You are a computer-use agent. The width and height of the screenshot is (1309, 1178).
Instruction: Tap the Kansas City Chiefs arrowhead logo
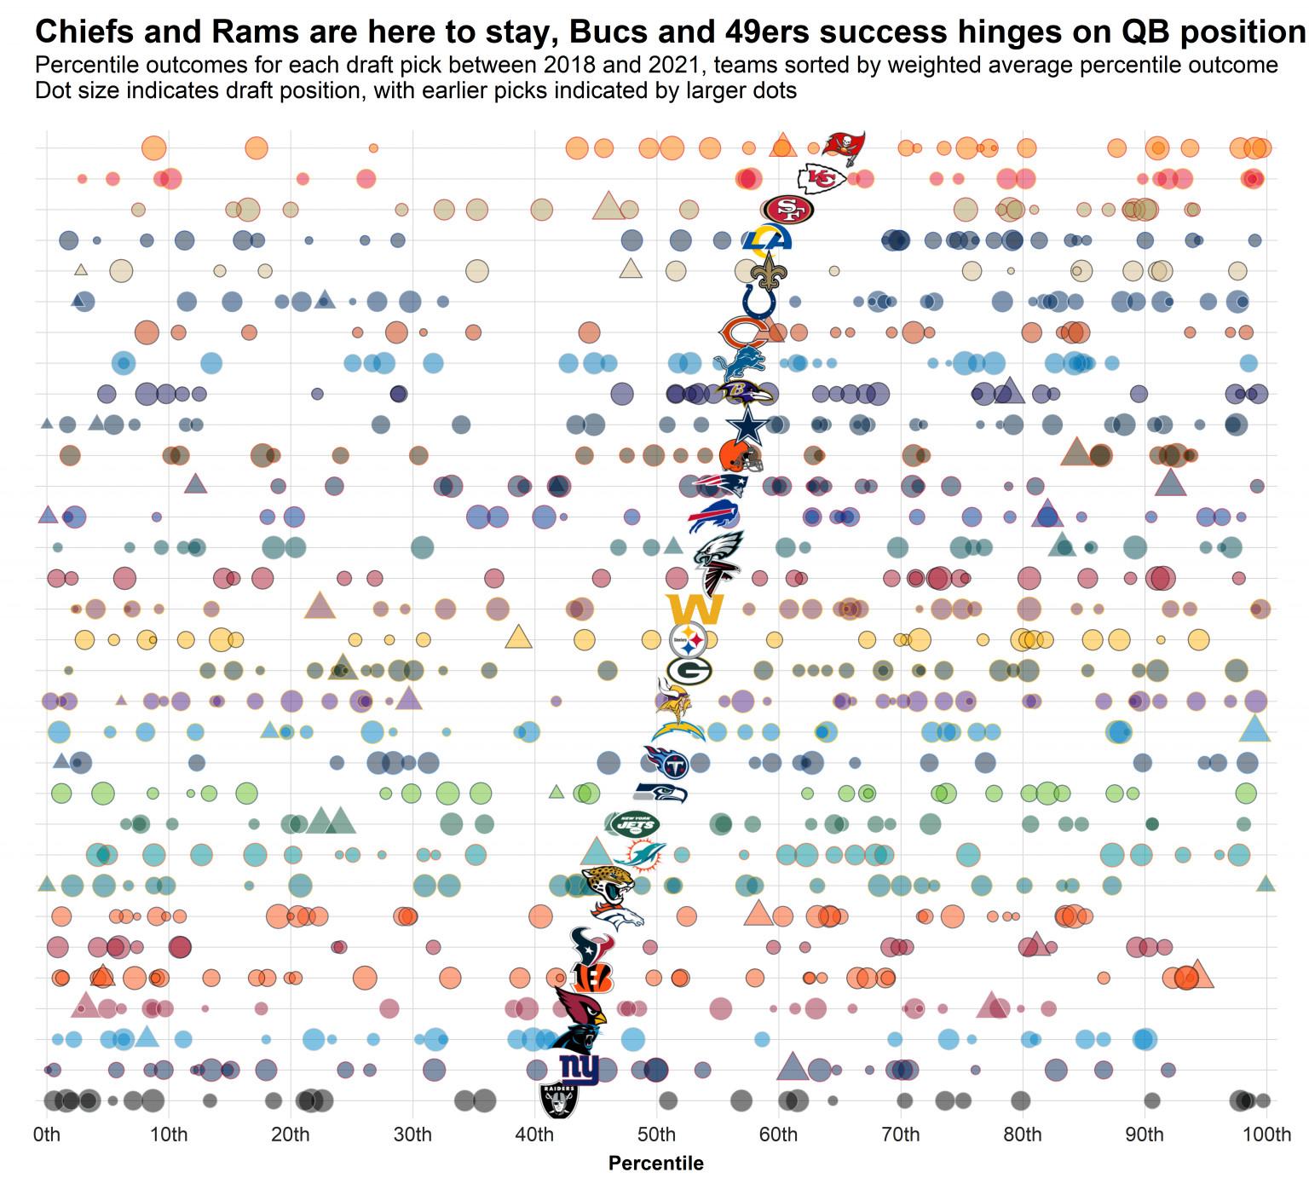click(x=821, y=178)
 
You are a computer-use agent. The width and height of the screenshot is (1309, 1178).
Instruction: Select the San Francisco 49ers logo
click(x=788, y=210)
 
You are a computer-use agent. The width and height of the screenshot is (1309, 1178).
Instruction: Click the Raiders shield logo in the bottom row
click(x=559, y=1100)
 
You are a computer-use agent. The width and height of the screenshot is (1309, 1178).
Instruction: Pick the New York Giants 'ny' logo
click(x=580, y=1069)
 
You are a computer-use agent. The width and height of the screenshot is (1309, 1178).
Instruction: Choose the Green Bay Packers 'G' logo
click(x=689, y=671)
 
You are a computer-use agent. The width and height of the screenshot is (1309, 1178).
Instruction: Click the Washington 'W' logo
click(x=695, y=609)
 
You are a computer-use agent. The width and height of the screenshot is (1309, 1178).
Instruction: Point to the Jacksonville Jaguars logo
click(x=608, y=886)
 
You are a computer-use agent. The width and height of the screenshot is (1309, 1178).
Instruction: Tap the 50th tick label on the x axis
click(x=656, y=1135)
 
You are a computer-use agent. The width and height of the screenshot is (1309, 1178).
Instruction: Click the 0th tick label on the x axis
click(x=47, y=1135)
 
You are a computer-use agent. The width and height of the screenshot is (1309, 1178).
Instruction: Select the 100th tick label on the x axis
click(x=1266, y=1135)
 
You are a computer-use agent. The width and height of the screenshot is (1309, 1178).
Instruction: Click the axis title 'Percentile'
click(x=656, y=1164)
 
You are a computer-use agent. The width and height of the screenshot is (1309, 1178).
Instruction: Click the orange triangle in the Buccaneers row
click(x=782, y=146)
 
